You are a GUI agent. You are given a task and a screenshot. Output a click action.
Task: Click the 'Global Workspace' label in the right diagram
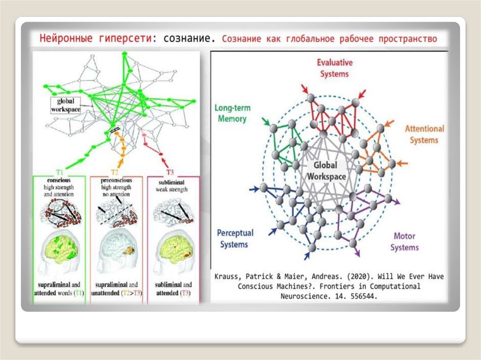[326, 171]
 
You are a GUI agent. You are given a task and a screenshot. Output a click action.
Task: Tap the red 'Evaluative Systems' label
[334, 68]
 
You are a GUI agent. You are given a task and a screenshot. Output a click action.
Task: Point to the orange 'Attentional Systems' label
[424, 134]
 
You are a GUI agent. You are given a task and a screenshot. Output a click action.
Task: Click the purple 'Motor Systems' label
[404, 242]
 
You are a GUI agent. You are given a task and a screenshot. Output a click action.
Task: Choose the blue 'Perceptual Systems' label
[235, 238]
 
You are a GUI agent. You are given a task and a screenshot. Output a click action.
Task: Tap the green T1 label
[59, 172]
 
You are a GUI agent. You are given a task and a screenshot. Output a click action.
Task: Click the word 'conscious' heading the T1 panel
[59, 180]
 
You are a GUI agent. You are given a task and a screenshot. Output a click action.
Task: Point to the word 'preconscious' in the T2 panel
[116, 180]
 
